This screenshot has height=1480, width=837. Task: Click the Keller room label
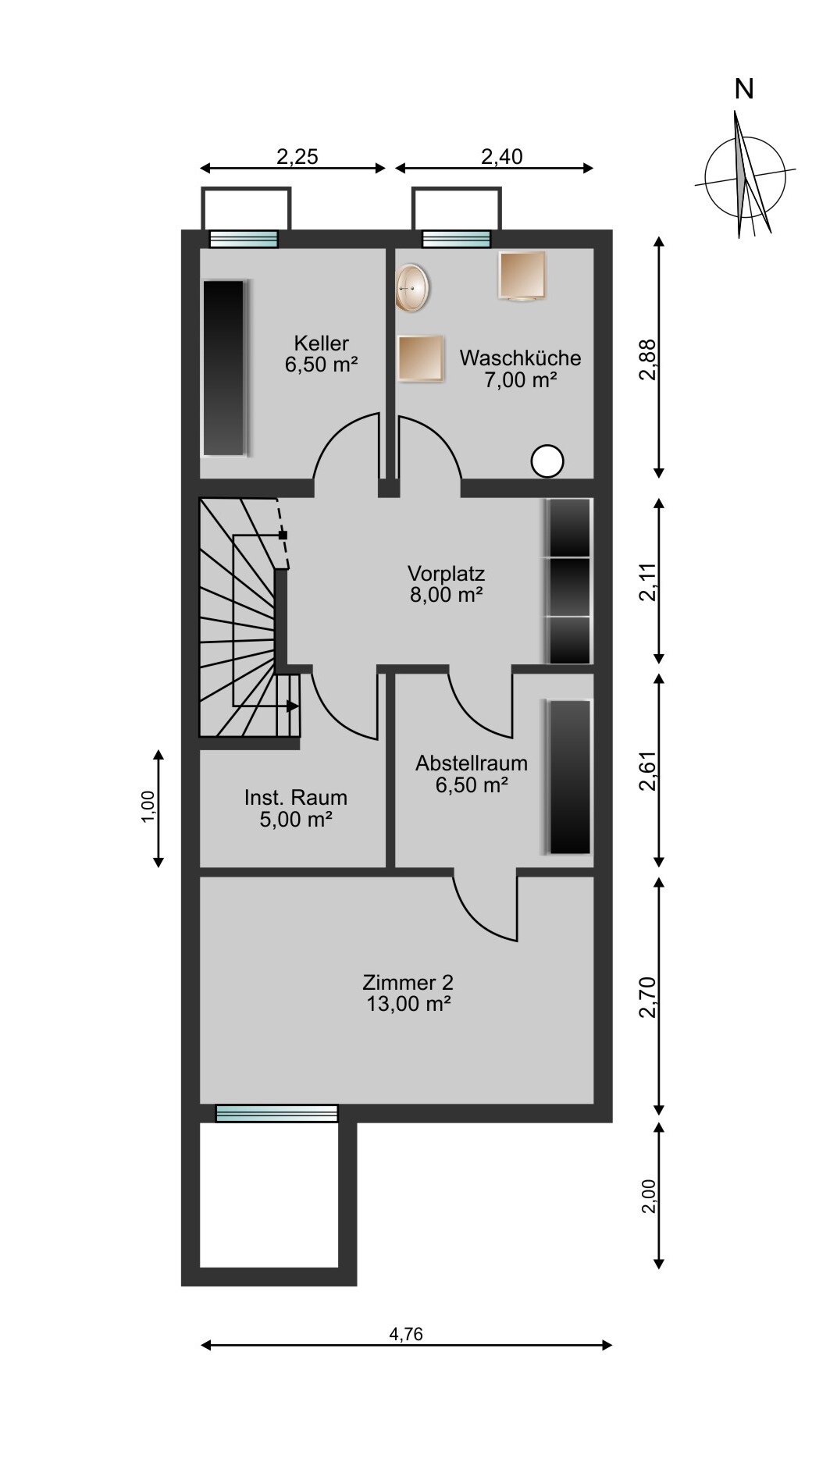coord(321,354)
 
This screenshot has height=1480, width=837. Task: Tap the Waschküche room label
coord(520,368)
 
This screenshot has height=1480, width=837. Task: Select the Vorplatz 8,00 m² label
coord(446,584)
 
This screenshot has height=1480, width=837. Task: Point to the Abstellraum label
coord(472,774)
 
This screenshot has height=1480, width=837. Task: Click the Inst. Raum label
coord(296,808)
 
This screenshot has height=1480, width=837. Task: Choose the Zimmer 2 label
coord(408,993)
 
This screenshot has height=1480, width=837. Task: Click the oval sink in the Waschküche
coord(411,287)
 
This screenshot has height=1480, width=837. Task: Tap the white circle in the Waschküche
coord(547,461)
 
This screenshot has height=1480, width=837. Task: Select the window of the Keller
coord(244,238)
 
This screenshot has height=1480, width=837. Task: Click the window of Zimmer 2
coord(276,1113)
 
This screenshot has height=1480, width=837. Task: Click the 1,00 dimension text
coord(149,808)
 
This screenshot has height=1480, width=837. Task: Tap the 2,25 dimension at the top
coord(297,157)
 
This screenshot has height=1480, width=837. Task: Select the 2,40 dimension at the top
coord(501,157)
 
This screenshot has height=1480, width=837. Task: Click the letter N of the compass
coord(744,90)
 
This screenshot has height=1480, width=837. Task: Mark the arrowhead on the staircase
coord(293,706)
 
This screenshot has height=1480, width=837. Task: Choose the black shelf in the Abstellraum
coord(570,777)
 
